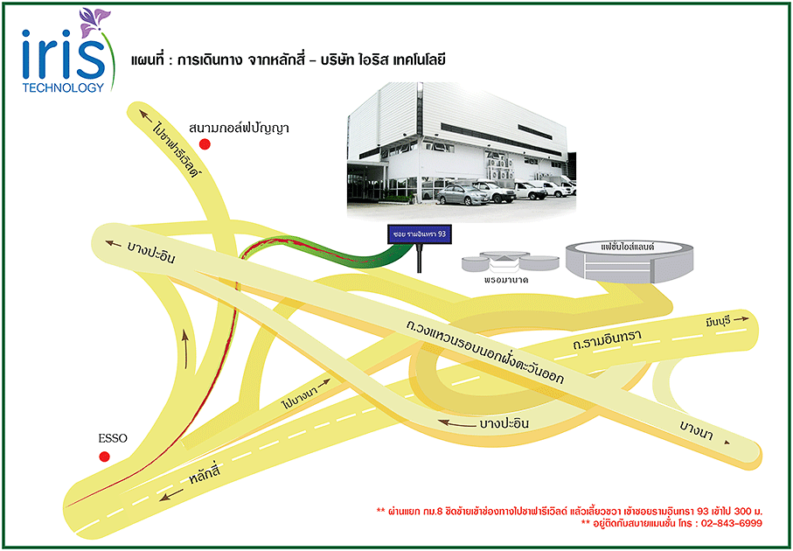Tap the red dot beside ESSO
[x=105, y=457]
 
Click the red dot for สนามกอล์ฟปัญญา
[x=205, y=143]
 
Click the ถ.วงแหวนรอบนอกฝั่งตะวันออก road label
[x=483, y=353]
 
